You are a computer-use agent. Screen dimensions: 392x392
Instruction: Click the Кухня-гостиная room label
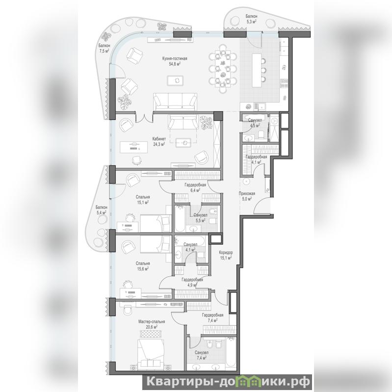point(175,61)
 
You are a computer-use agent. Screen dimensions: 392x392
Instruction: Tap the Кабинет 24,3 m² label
point(159,141)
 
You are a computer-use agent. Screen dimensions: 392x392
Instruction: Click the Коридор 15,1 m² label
point(226,255)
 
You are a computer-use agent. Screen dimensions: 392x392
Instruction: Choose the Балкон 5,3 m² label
point(251,19)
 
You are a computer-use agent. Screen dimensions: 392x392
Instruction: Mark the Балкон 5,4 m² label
point(102,210)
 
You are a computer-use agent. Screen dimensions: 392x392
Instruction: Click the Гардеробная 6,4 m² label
point(195,187)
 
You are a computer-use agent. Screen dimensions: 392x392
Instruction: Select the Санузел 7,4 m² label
point(202,355)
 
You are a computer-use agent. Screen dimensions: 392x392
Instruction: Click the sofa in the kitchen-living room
point(175,102)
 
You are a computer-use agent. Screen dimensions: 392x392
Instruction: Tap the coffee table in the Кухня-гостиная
point(175,80)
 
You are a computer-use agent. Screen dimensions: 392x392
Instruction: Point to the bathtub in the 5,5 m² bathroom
point(180,219)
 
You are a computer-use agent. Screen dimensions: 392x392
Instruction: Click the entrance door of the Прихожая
point(262,206)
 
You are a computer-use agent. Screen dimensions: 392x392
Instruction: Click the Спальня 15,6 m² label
point(143,266)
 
